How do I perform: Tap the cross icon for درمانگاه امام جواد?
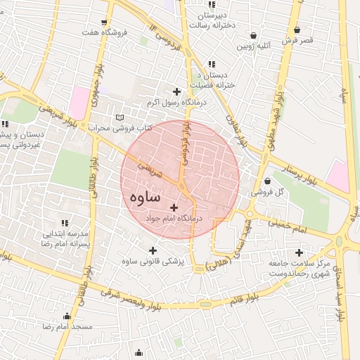pyautogui.click(x=174, y=207)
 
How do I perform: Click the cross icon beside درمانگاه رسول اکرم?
pyautogui.click(x=176, y=91)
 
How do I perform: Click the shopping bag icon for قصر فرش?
pyautogui.click(x=300, y=30)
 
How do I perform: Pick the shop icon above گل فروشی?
pyautogui.click(x=267, y=180)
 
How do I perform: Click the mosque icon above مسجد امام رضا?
pyautogui.click(x=67, y=316)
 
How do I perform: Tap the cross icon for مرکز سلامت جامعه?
pyautogui.click(x=300, y=252)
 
